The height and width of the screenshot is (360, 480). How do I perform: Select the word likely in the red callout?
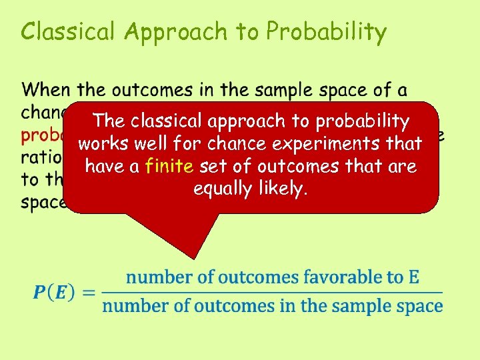click(x=283, y=189)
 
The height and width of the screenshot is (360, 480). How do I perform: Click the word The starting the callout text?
click(x=109, y=121)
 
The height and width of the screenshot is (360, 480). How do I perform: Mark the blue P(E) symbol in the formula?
click(x=55, y=292)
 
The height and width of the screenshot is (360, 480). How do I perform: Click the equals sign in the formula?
click(x=90, y=292)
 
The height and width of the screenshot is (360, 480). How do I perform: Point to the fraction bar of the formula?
click(x=272, y=292)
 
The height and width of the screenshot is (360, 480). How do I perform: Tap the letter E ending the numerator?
click(x=413, y=277)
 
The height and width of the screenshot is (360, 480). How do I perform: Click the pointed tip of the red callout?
click(x=194, y=257)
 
